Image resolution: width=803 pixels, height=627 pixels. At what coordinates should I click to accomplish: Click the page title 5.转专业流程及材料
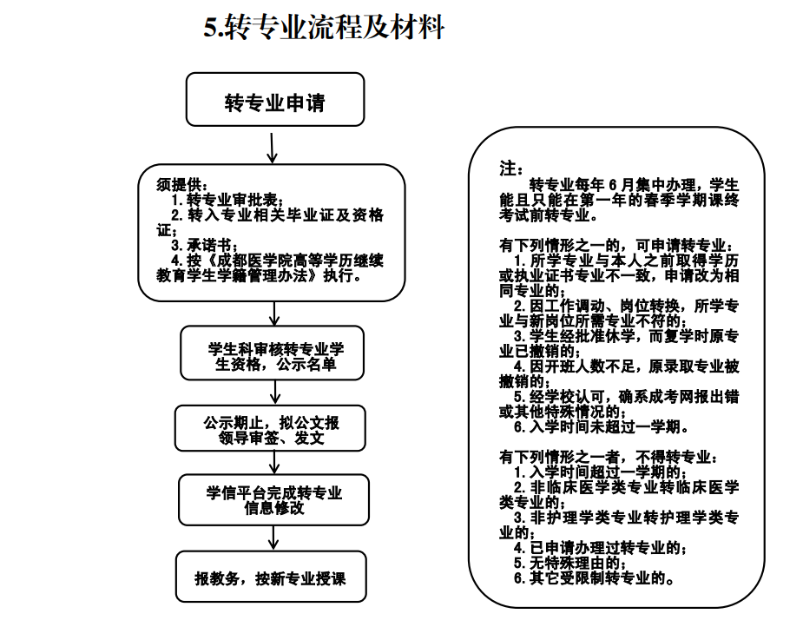point(324,29)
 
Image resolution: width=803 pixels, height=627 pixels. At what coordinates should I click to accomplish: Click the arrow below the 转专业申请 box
point(273,148)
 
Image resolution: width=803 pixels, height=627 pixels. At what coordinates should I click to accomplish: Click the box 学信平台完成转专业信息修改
point(273,500)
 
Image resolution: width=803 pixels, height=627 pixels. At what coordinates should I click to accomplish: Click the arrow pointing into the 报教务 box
point(273,540)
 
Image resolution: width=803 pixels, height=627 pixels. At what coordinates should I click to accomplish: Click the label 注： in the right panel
point(510,168)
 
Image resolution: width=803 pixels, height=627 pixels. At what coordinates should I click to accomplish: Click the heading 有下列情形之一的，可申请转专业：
point(615,247)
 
